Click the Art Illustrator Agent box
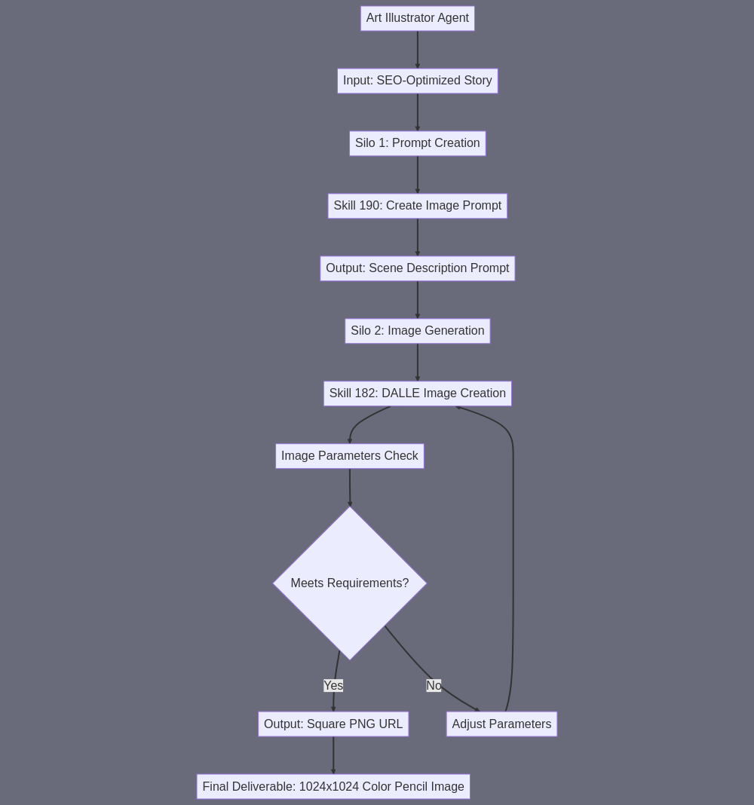[x=418, y=19]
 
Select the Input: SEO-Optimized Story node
[x=418, y=81]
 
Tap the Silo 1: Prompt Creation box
[x=418, y=144]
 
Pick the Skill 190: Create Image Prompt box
[x=418, y=206]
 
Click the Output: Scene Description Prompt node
[x=418, y=268]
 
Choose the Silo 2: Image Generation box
[x=418, y=331]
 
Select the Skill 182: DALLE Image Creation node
[x=418, y=393]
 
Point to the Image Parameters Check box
[x=350, y=457]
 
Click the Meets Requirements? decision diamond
[x=350, y=583]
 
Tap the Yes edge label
[x=333, y=685]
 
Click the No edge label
[x=434, y=685]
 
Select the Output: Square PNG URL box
[x=333, y=724]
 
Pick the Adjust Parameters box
[x=502, y=724]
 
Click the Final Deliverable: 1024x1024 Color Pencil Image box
[x=333, y=786]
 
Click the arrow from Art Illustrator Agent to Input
[x=418, y=50]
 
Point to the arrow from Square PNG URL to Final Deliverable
[x=333, y=756]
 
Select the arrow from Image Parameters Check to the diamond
[x=350, y=488]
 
